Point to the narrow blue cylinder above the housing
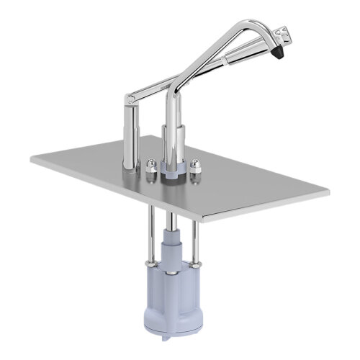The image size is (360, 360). coord(173,248)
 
